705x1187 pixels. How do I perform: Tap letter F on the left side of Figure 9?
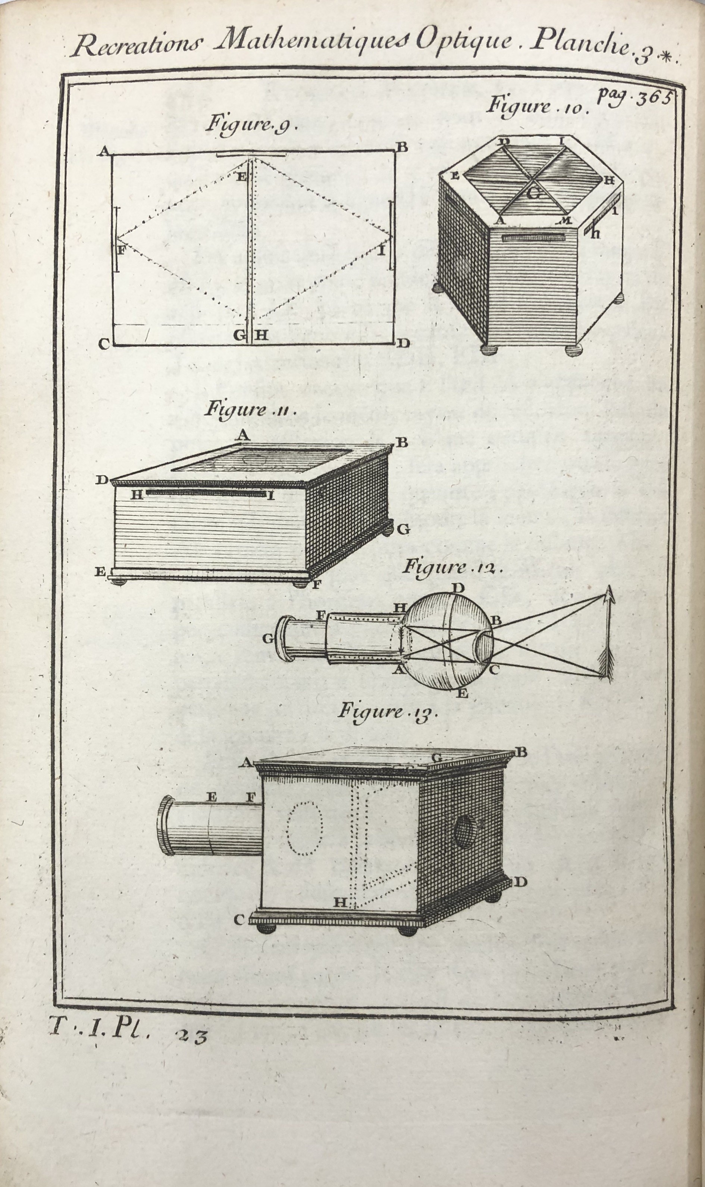click(120, 250)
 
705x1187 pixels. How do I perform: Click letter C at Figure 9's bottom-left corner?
click(105, 344)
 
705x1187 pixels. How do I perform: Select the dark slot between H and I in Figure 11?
click(206, 494)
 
